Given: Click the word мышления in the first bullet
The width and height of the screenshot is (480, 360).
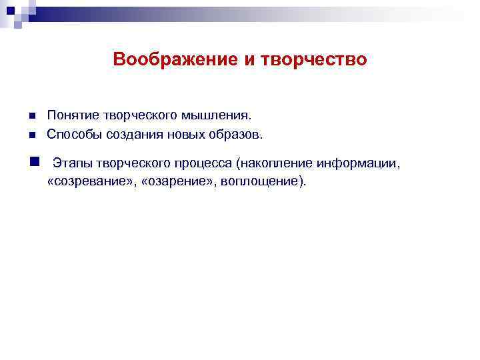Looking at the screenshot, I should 223,117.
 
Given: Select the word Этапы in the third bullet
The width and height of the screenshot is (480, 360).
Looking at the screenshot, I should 71,163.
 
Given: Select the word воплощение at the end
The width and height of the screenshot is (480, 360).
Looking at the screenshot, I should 262,181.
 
